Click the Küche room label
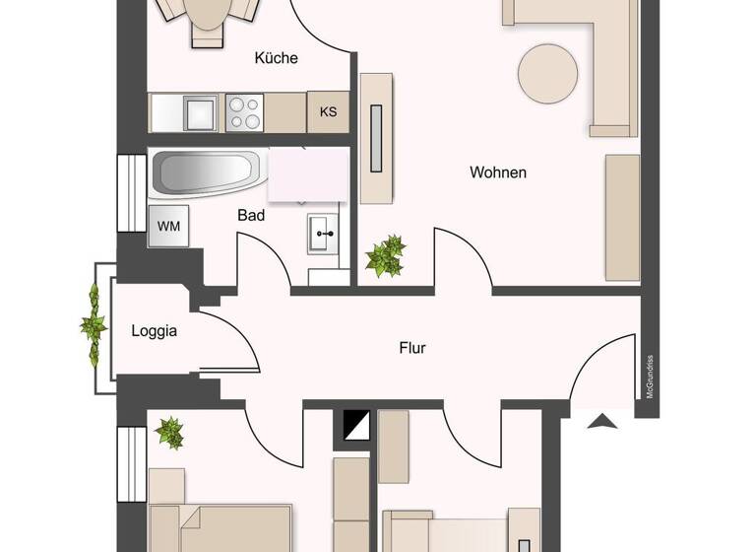pos(276,58)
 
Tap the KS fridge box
pos(328,111)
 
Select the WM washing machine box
pos(168,226)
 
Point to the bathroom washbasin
pos(323,235)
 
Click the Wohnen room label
pos(497,172)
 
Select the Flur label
pos(412,348)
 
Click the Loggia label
pos(155,331)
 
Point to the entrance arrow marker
pos(602,422)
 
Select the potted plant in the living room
pos(385,256)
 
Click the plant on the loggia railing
pos(94,324)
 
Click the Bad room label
pos(251,215)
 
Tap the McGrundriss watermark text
pos(650,378)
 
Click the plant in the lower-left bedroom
pos(169,431)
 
